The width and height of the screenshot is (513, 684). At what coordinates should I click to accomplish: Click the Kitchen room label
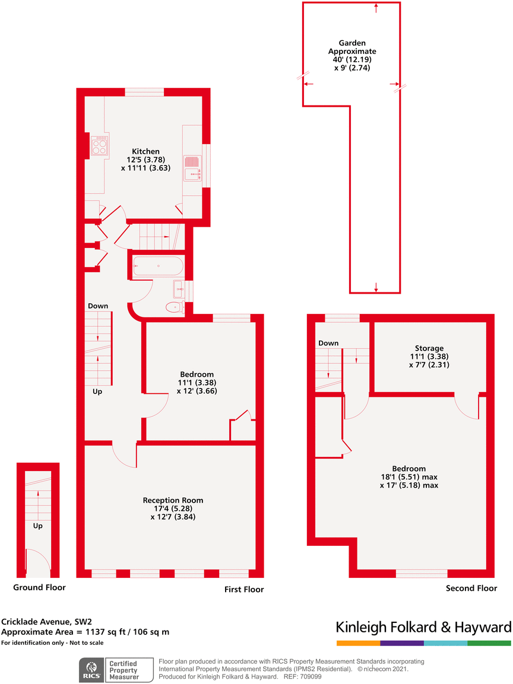(146, 151)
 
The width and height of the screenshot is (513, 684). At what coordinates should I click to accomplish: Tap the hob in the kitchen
(99, 145)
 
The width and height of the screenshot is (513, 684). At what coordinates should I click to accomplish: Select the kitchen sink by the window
(192, 168)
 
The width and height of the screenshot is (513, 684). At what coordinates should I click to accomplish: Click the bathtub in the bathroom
(158, 266)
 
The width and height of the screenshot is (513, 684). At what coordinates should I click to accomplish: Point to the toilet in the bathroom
(176, 307)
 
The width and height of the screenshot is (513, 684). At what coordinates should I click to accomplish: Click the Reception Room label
(173, 500)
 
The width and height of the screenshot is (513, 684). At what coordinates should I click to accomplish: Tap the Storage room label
(429, 348)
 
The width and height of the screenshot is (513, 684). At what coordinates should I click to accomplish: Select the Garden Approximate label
(352, 47)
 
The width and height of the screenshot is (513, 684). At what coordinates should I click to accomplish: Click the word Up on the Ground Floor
(38, 526)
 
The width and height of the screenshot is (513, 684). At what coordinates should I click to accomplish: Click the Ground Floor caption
(39, 587)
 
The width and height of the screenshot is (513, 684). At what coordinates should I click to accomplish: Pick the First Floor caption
(244, 589)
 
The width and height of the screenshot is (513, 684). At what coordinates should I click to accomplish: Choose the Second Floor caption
(471, 588)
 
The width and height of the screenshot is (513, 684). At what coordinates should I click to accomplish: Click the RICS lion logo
(91, 670)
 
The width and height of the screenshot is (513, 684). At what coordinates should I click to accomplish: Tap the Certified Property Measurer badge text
(124, 670)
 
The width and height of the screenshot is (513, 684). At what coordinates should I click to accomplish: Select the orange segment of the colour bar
(359, 643)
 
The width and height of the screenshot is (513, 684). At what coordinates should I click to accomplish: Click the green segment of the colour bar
(489, 643)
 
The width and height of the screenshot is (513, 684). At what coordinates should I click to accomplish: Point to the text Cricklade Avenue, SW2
(47, 622)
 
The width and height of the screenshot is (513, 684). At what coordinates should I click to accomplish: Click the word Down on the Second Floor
(328, 343)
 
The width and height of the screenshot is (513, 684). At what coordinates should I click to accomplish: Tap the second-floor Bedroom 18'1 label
(409, 477)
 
